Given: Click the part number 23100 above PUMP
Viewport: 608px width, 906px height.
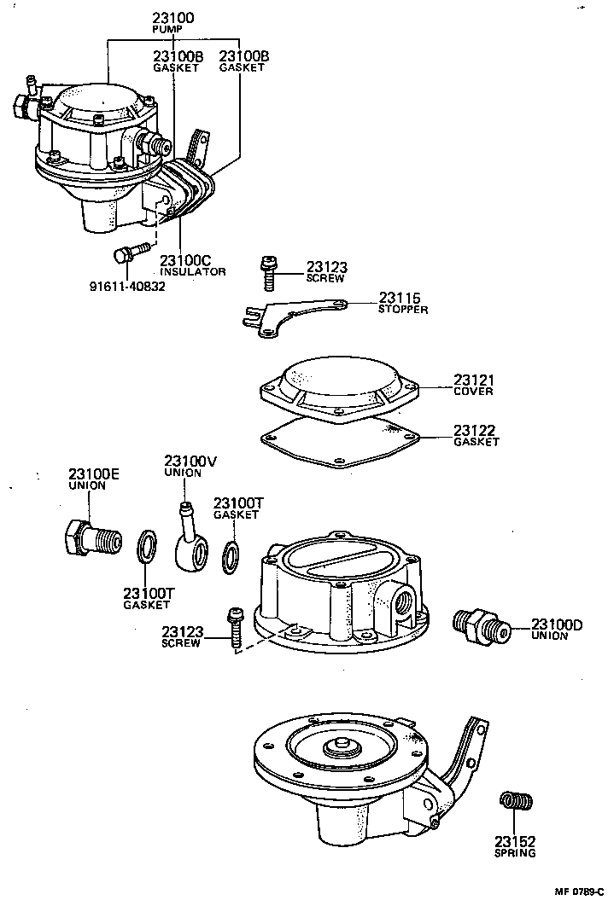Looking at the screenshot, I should pyautogui.click(x=173, y=18).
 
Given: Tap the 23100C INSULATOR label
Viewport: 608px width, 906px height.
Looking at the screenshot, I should pyautogui.click(x=193, y=264).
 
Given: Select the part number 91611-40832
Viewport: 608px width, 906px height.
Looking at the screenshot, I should pyautogui.click(x=126, y=286).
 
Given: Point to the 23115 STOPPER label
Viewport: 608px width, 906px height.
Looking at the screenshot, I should pyautogui.click(x=403, y=303).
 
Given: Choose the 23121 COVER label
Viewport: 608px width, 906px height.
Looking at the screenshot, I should pyautogui.click(x=474, y=385).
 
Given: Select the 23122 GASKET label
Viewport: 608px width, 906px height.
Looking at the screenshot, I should pyautogui.click(x=476, y=435).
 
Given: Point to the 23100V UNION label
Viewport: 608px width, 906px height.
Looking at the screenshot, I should pyautogui.click(x=190, y=466).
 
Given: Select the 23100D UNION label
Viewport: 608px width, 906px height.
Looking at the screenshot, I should pyautogui.click(x=556, y=630).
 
